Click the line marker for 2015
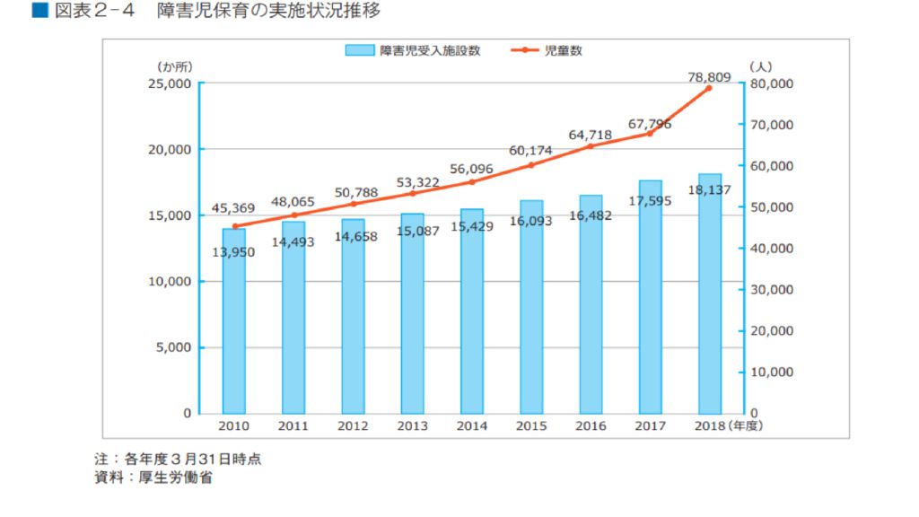[x=531, y=164]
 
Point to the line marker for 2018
[x=709, y=88]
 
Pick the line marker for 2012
[x=353, y=204]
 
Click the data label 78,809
[x=709, y=77]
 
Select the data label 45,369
[x=233, y=208]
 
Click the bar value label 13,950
[x=233, y=252]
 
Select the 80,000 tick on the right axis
[x=771, y=83]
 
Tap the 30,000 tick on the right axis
[x=771, y=290]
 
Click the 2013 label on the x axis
[x=412, y=426]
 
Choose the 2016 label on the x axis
[x=591, y=426]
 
